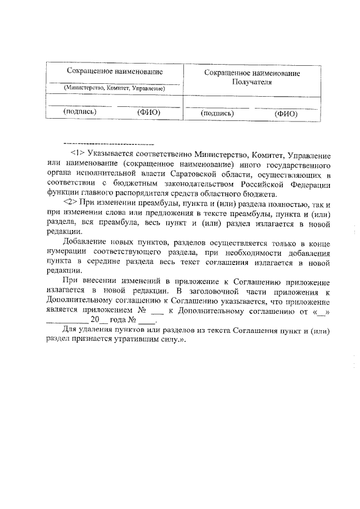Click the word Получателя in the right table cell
[252, 82]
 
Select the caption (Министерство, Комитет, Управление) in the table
[114, 88]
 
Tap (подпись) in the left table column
[80, 111]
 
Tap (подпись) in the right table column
[217, 114]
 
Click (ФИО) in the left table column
[149, 111]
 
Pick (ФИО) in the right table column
[286, 114]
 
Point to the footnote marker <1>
[77, 154]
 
